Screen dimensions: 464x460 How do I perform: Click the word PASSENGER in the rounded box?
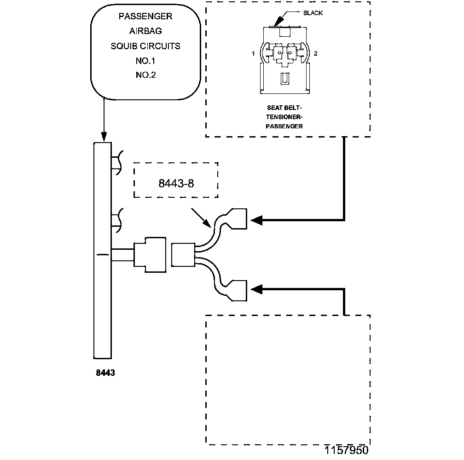(145, 16)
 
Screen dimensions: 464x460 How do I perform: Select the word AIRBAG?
(145, 31)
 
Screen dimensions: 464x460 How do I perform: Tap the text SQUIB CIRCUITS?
(145, 46)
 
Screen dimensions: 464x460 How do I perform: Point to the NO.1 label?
(145, 61)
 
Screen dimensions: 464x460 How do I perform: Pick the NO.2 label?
(145, 75)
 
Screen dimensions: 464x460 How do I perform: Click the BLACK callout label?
(313, 13)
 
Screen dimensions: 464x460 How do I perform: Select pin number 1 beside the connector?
(253, 53)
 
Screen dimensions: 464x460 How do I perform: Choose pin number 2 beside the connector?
(315, 53)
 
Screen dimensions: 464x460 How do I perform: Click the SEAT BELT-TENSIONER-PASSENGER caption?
(284, 117)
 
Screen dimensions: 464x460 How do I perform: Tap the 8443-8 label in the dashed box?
(176, 183)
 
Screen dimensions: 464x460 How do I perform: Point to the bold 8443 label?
(105, 373)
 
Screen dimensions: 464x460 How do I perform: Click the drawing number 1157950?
(347, 450)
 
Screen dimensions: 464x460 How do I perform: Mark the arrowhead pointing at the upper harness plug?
(256, 220)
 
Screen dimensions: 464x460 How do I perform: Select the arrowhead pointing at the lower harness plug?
(256, 289)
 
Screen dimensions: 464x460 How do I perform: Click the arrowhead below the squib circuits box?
(104, 137)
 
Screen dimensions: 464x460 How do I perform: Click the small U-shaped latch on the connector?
(284, 79)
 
